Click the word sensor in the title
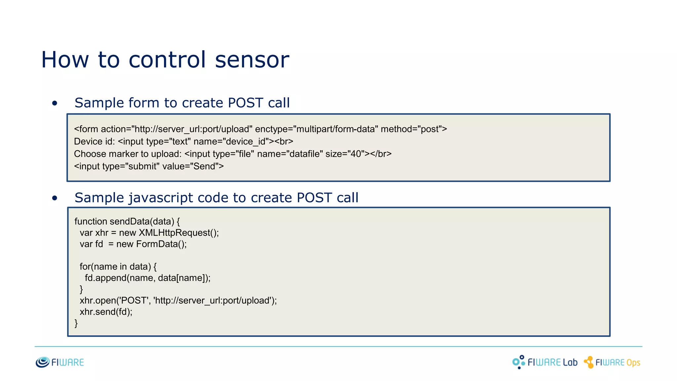click(x=252, y=60)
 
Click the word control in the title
click(x=167, y=60)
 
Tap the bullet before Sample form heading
click(x=55, y=104)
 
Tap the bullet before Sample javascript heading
click(x=55, y=198)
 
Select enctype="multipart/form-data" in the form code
click(x=316, y=129)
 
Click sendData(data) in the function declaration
click(x=142, y=221)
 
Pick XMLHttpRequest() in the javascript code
click(x=178, y=233)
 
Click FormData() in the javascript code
click(x=160, y=244)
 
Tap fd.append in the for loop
click(x=105, y=278)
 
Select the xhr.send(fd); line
click(x=106, y=312)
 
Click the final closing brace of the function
click(x=76, y=323)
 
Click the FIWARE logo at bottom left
click(x=60, y=362)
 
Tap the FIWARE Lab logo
click(x=545, y=362)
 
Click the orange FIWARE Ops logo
click(x=612, y=362)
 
